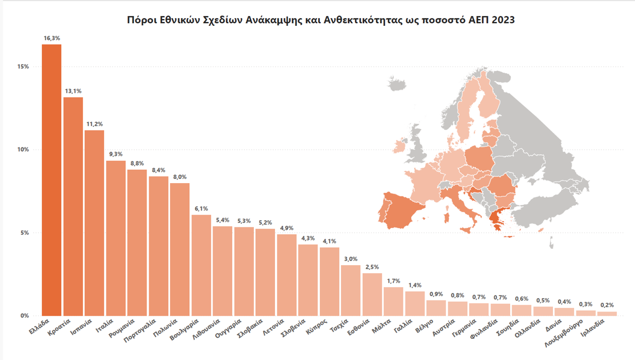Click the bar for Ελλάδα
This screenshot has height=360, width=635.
(x=52, y=180)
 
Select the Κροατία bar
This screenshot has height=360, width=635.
(x=73, y=206)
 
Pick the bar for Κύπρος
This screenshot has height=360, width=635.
(x=329, y=282)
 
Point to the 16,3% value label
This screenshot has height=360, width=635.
(x=52, y=38)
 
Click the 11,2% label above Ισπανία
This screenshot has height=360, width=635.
(x=94, y=124)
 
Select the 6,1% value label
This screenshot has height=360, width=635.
(x=201, y=208)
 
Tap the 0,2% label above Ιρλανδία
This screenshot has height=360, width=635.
(x=607, y=305)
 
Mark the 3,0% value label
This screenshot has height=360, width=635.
(x=351, y=259)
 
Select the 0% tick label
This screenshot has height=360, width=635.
(x=24, y=316)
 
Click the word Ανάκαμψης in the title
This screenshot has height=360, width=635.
(x=272, y=20)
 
